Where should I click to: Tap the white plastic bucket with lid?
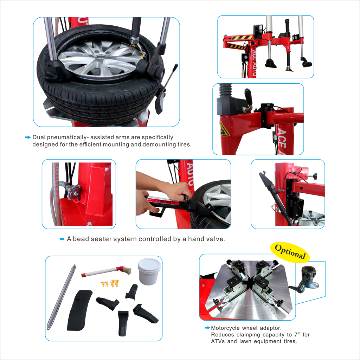tap(149, 271)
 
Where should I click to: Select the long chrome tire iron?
tap(61, 297)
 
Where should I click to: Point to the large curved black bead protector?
tap(79, 310)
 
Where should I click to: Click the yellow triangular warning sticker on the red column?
tap(224, 129)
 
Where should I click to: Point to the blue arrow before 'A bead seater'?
tap(62, 239)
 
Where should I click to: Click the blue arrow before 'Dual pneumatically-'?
tap(28, 137)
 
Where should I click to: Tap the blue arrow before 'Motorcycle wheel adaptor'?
tap(207, 328)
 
